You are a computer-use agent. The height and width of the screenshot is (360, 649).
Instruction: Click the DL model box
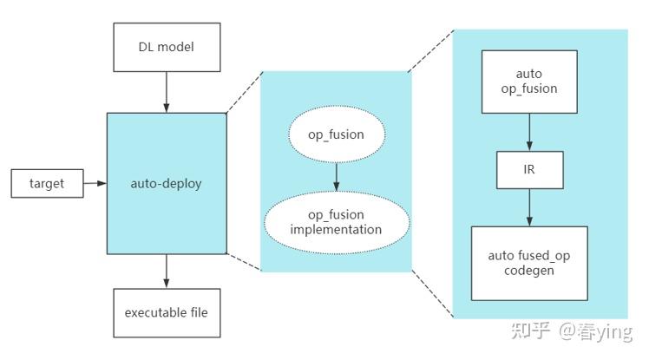click(165, 47)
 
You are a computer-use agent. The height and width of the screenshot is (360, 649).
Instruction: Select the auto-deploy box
click(166, 183)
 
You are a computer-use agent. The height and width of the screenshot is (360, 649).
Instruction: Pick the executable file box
click(165, 312)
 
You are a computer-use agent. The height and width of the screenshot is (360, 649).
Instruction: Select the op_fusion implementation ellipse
click(337, 222)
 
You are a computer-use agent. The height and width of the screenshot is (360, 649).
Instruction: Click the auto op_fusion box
click(529, 82)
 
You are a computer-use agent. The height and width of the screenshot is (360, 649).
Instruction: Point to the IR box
click(529, 170)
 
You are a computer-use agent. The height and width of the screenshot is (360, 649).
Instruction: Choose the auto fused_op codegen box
click(529, 263)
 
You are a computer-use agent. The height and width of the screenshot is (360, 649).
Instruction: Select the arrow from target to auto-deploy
click(93, 183)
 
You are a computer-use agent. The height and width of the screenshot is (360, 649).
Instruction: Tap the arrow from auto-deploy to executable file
click(165, 271)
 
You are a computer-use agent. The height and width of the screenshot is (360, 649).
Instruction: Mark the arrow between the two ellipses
click(337, 179)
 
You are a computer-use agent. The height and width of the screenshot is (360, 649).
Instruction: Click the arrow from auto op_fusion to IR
click(529, 131)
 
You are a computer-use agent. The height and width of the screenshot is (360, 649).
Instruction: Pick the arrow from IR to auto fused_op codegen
click(529, 207)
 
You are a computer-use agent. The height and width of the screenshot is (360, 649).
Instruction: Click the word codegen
click(529, 271)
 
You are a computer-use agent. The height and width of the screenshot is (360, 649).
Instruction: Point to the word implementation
click(337, 230)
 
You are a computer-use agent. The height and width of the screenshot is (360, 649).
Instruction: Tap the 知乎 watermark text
click(528, 331)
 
